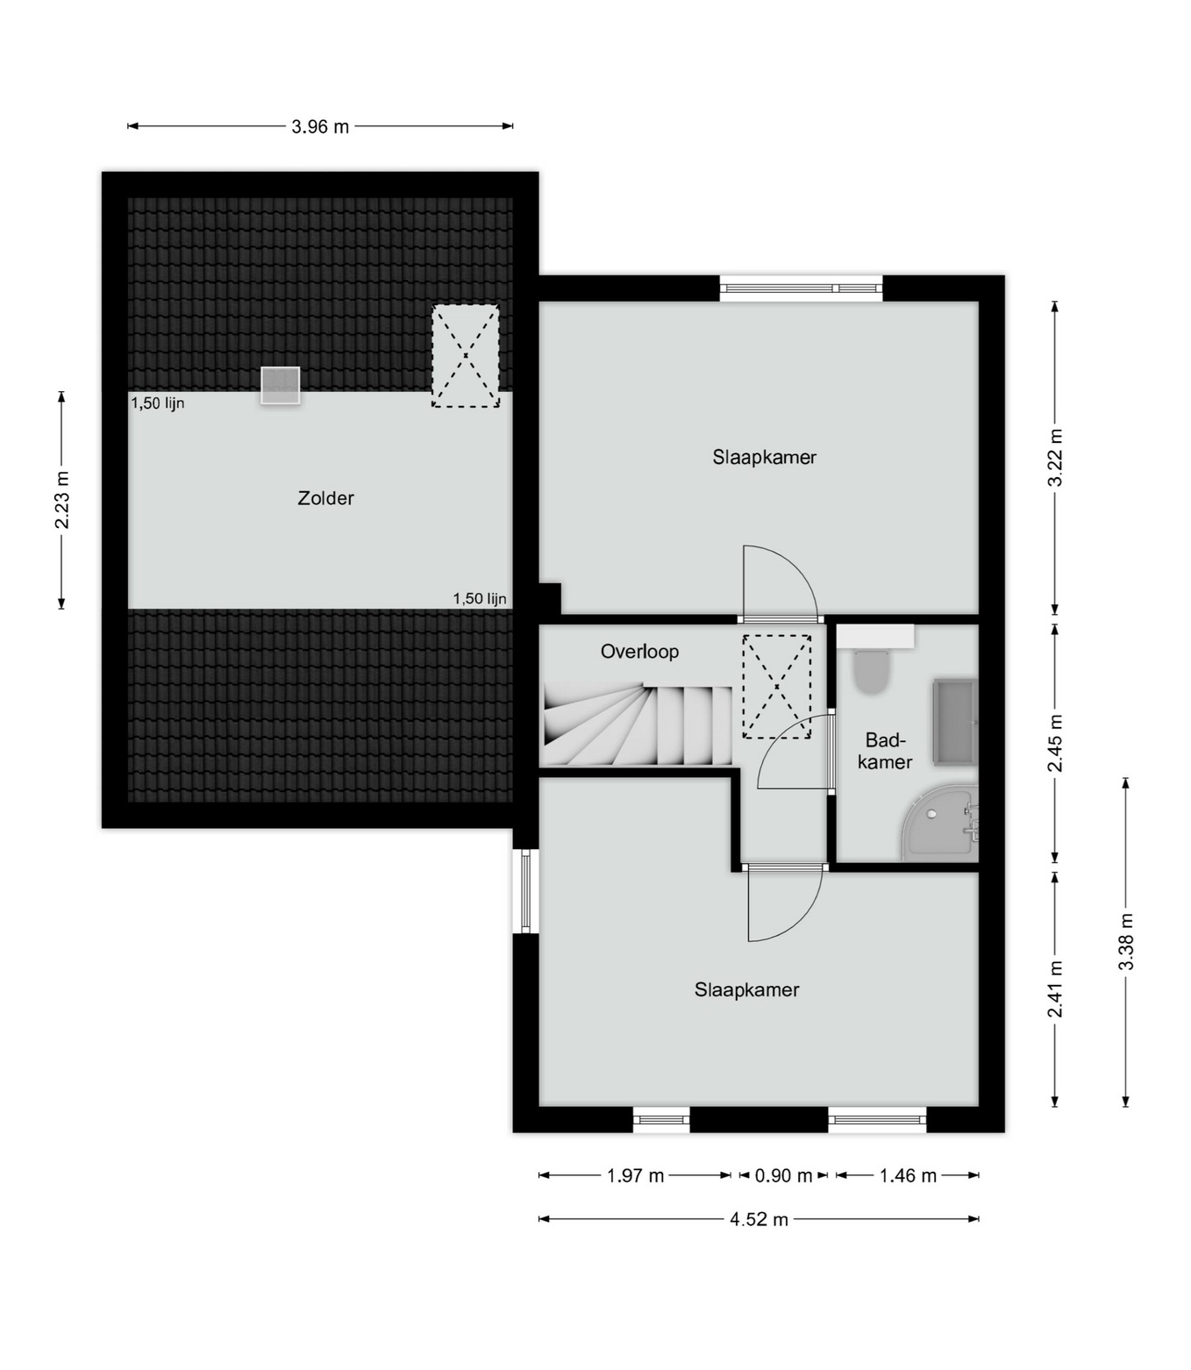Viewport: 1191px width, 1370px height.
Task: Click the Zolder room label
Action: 325,498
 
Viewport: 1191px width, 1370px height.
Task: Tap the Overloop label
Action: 639,652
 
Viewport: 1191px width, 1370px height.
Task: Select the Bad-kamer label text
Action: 884,751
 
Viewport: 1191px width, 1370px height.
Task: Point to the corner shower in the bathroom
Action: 939,823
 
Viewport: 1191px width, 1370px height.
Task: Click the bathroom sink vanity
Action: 955,722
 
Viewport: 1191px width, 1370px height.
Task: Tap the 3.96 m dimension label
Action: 320,126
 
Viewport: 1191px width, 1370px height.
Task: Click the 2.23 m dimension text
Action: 61,500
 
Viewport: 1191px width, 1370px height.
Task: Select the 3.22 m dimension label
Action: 1055,457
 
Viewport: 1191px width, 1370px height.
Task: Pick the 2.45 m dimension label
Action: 1055,743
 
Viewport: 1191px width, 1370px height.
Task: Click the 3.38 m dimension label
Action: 1126,941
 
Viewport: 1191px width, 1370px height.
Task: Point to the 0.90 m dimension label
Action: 783,1176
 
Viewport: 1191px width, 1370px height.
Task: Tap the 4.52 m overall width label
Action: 759,1219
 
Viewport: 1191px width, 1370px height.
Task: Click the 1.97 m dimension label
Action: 635,1176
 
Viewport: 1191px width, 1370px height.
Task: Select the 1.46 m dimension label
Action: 908,1176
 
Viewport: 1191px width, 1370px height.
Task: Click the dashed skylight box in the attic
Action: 466,356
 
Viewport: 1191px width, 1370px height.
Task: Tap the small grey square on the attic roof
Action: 280,386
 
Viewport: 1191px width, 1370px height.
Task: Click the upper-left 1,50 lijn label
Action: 157,403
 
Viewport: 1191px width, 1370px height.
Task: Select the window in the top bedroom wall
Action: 802,289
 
